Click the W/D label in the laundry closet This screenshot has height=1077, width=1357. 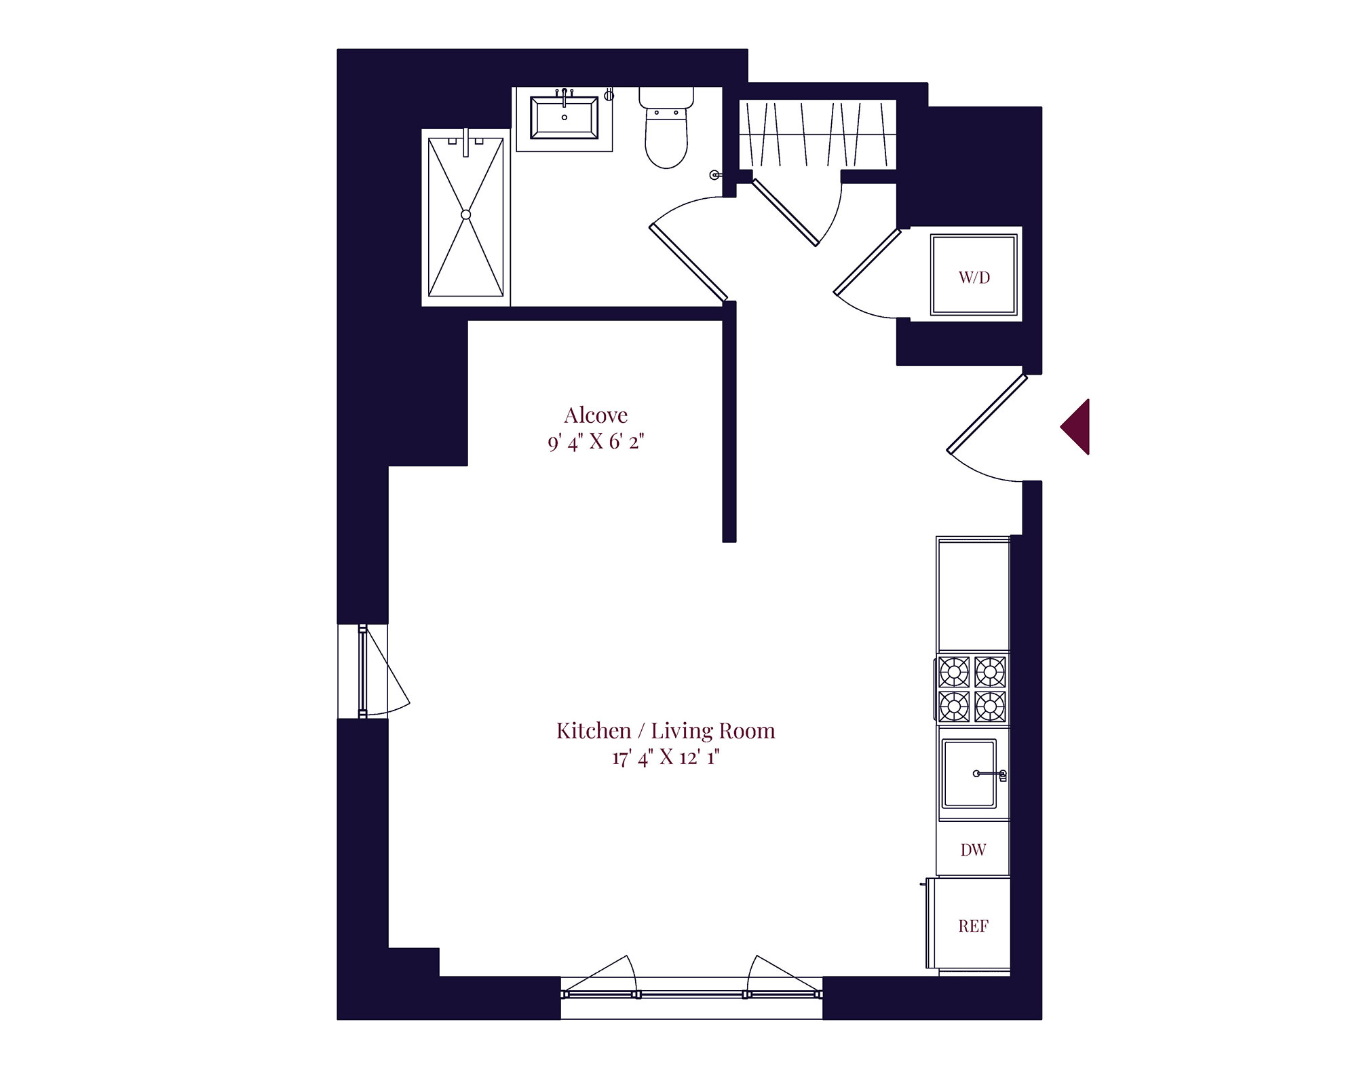974,277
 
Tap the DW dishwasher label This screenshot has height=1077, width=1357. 973,850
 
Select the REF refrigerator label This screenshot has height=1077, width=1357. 973,926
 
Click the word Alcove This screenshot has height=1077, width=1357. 596,415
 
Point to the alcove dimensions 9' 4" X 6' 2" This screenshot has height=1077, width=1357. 596,442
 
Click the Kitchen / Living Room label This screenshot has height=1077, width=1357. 666,730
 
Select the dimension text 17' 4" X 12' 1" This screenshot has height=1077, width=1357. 666,757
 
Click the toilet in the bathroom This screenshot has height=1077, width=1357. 666,128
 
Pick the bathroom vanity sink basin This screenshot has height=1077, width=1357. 564,118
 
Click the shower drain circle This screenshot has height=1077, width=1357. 465,214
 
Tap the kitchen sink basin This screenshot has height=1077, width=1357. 970,774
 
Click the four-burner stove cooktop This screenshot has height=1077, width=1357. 972,689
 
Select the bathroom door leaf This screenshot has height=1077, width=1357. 688,263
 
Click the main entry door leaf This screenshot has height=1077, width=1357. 987,413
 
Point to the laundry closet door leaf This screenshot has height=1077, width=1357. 867,262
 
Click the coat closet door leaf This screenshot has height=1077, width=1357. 785,212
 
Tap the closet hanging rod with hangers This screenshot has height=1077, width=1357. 817,134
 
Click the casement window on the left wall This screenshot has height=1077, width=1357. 363,671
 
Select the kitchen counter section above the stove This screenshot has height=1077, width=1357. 973,596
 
